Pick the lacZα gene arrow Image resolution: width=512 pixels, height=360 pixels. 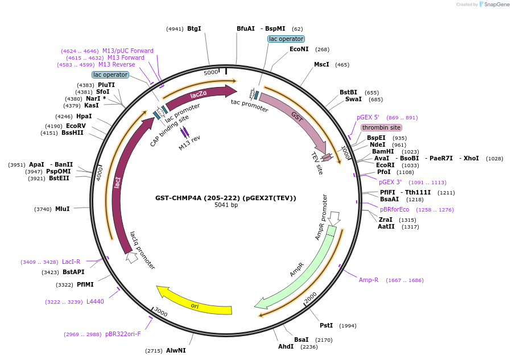(199, 95)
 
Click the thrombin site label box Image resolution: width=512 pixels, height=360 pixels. (381, 127)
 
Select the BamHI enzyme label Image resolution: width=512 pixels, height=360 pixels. (383, 151)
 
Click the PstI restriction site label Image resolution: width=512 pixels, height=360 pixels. (326, 325)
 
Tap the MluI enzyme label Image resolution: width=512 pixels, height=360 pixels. (63, 209)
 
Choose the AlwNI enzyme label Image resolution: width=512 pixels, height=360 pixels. (176, 350)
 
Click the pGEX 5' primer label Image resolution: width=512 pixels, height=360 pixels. (368, 117)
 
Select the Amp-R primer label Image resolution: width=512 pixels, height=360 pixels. (369, 280)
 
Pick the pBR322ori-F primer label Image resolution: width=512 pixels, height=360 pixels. (123, 334)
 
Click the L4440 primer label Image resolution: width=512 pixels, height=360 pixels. (95, 301)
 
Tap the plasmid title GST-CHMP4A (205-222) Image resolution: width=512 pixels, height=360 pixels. (226, 198)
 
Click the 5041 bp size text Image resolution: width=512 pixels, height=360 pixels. (226, 205)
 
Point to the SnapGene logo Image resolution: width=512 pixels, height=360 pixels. (492, 5)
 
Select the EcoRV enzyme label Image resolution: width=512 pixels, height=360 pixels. (76, 126)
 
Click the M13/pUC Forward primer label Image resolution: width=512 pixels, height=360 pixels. (128, 51)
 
